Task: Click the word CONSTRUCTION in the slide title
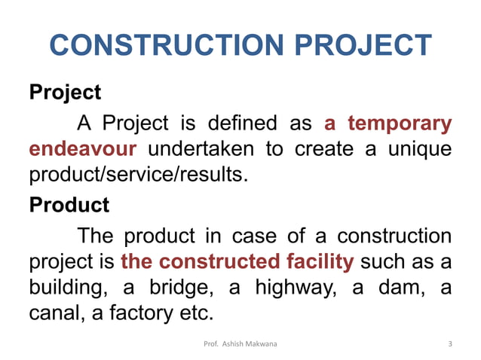point(170,46)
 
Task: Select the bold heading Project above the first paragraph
point(65,93)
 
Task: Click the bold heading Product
point(69,205)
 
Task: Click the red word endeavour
point(83,148)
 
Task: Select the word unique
point(419,148)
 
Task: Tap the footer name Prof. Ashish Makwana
point(240,344)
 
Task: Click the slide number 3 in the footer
point(450,344)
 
